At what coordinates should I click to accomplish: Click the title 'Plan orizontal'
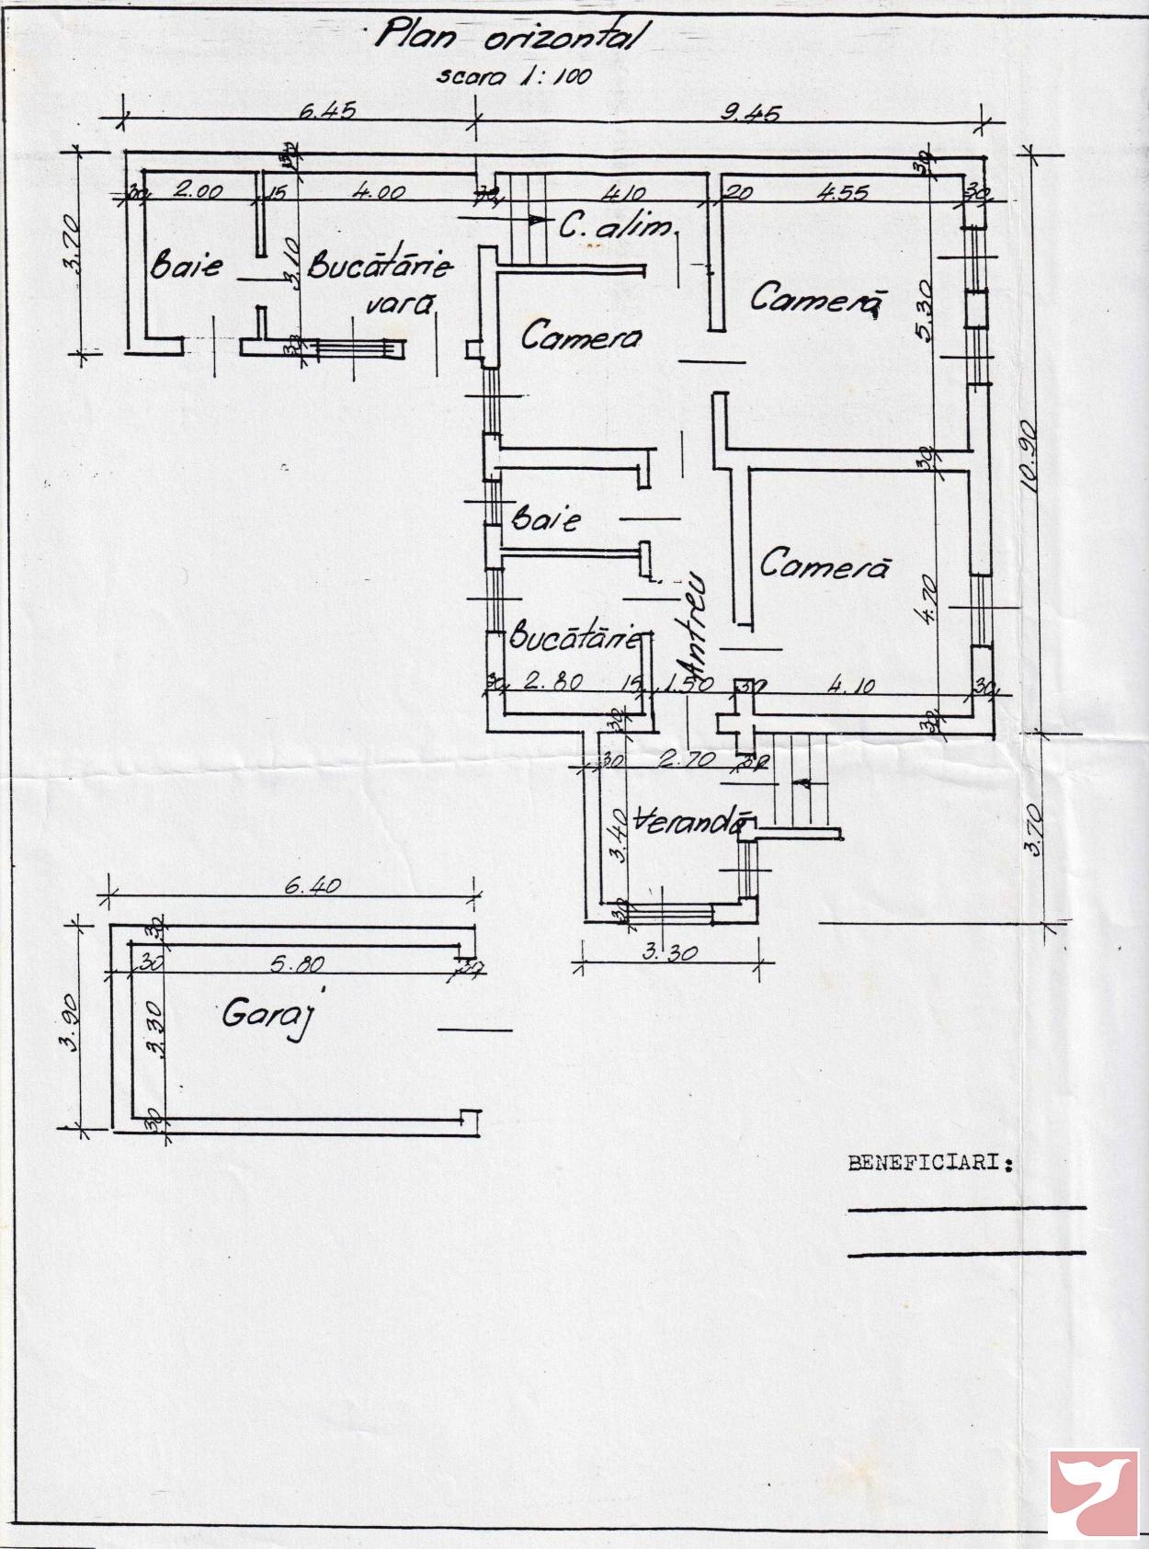point(510,38)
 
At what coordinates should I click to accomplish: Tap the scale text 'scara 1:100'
point(514,75)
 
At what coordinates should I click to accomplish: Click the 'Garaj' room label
point(264,1016)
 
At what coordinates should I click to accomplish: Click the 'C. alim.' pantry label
point(616,225)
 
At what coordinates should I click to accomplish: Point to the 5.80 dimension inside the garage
point(296,964)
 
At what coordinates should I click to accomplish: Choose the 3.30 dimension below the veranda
point(669,952)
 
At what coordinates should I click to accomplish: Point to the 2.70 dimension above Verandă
point(680,761)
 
